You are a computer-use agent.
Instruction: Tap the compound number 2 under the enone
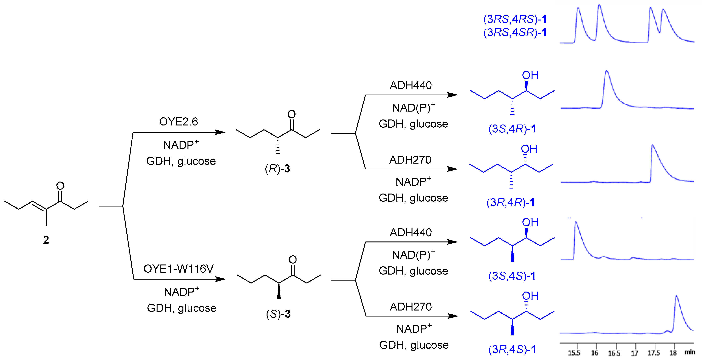point(46,240)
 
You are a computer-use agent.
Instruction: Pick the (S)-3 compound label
point(278,314)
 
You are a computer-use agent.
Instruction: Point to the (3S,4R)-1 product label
point(512,129)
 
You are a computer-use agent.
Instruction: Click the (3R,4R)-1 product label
point(510,202)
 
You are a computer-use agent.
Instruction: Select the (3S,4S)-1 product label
point(512,276)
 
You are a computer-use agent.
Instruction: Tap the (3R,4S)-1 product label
point(512,349)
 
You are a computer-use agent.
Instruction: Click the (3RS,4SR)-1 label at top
point(515,32)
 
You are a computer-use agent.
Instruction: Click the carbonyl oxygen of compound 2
point(60,186)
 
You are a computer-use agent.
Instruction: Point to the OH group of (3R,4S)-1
point(530,296)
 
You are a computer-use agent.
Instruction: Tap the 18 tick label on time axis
point(673,353)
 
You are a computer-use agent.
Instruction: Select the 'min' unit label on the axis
point(690,352)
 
